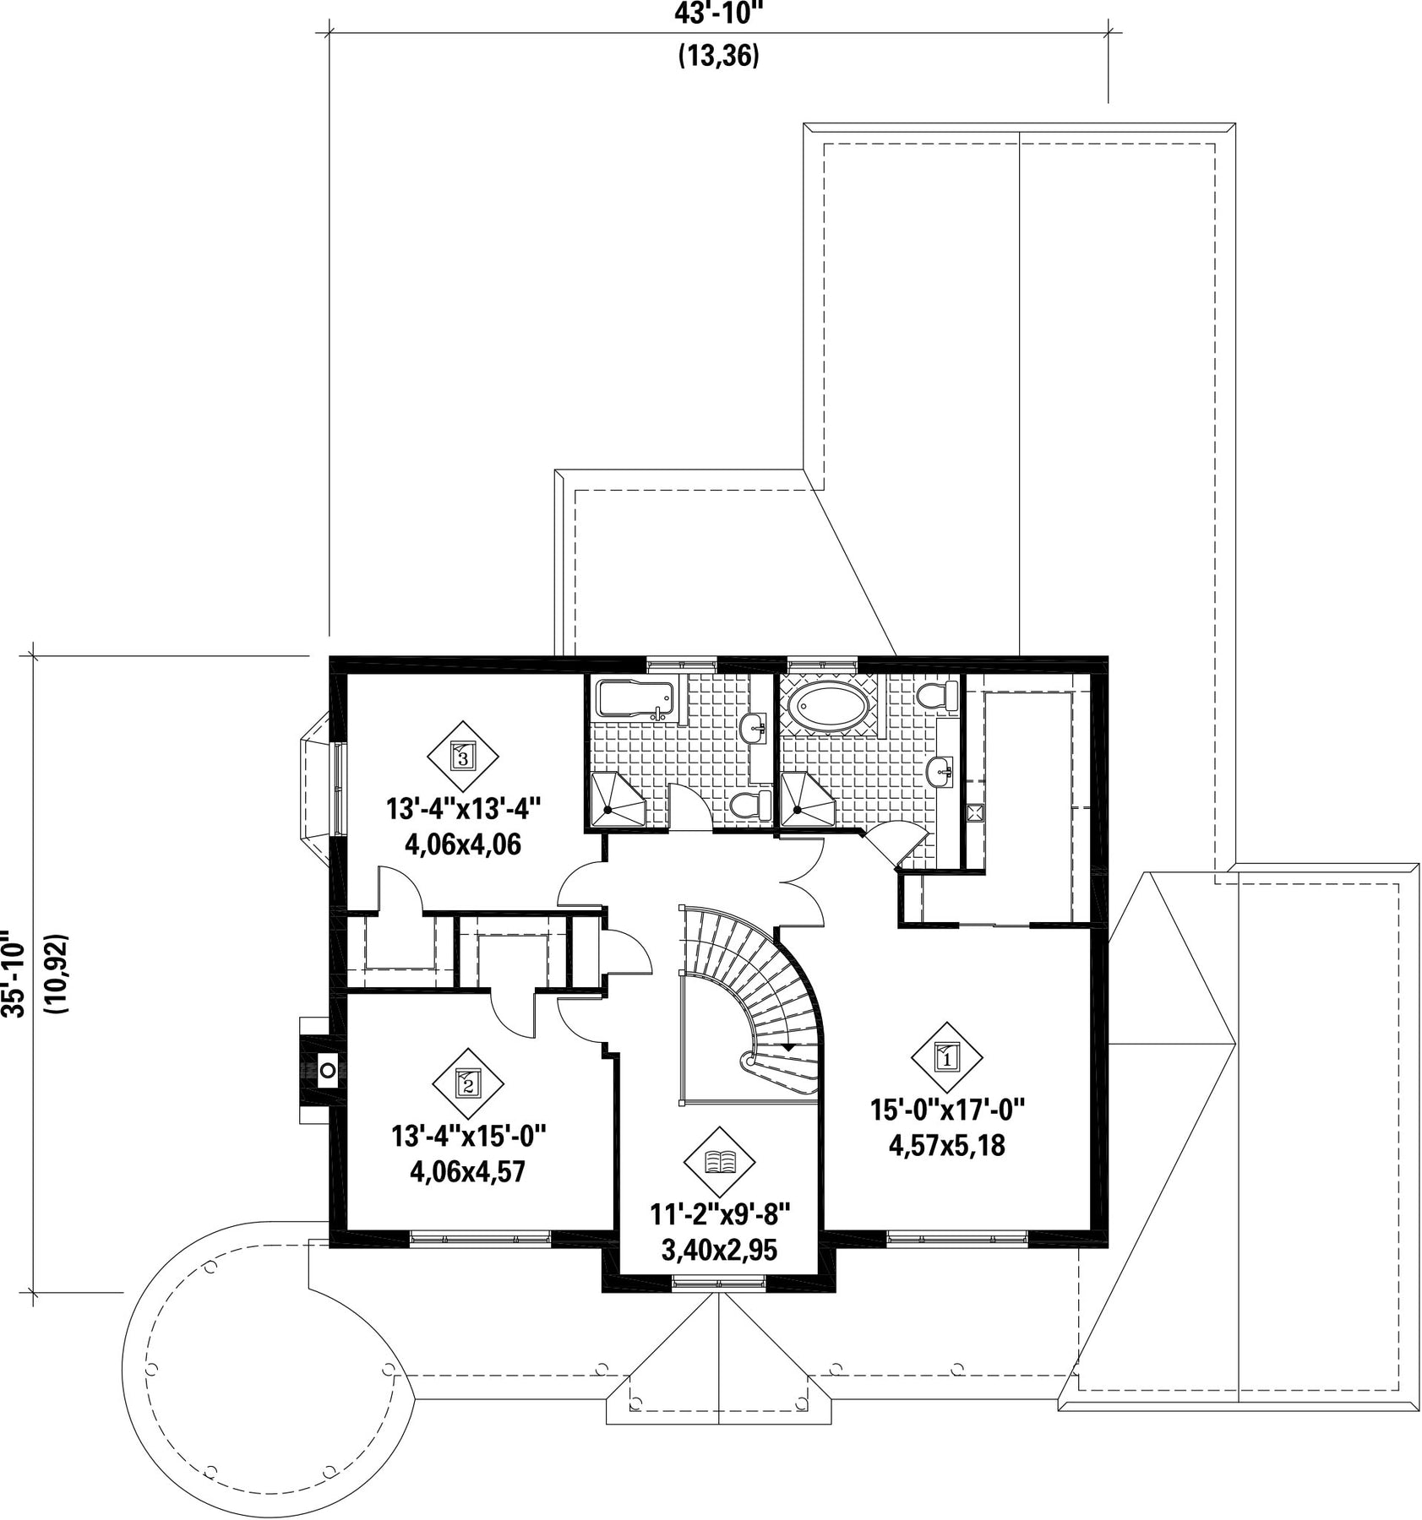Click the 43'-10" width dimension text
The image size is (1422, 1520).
[x=718, y=14]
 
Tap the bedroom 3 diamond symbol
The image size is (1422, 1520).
[x=462, y=754]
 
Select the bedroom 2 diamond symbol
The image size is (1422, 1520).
[x=468, y=1083]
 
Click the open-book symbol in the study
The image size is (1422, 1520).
[x=719, y=1163]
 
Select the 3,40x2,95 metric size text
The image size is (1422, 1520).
[x=719, y=1250]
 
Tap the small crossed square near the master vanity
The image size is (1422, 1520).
[x=974, y=812]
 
